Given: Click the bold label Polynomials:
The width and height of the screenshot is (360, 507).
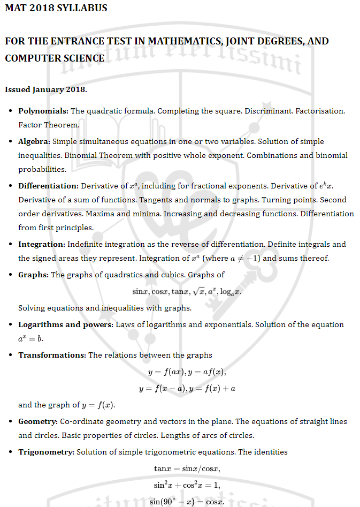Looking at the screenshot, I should pyautogui.click(x=43, y=111).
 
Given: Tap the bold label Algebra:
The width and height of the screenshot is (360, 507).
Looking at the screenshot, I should pyautogui.click(x=34, y=141).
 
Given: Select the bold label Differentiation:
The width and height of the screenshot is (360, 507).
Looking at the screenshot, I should pyautogui.click(x=48, y=186).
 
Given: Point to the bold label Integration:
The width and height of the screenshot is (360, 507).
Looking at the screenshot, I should pyautogui.click(x=42, y=244).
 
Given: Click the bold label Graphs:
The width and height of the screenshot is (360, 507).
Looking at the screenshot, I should pyautogui.click(x=33, y=275).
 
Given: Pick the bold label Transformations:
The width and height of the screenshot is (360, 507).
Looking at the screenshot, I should pyautogui.click(x=52, y=355).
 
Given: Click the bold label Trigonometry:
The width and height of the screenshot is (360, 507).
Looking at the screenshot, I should pyautogui.click(x=47, y=452).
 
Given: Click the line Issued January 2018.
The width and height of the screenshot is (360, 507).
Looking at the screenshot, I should pyautogui.click(x=46, y=89).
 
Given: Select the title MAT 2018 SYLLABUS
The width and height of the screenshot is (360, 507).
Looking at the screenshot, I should pyautogui.click(x=56, y=8).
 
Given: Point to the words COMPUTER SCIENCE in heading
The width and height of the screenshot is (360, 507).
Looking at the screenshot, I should pyautogui.click(x=55, y=58).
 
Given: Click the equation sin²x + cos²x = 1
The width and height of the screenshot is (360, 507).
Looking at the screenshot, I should pyautogui.click(x=187, y=485).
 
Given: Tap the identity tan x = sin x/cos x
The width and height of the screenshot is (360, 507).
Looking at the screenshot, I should pyautogui.click(x=187, y=468).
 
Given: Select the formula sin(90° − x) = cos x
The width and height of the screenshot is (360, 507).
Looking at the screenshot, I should pyautogui.click(x=187, y=502).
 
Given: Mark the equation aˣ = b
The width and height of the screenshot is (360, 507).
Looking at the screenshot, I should pyautogui.click(x=30, y=339).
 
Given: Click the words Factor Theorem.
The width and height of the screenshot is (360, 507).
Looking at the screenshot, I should pyautogui.click(x=48, y=125).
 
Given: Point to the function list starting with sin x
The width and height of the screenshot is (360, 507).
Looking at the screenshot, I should pyautogui.click(x=187, y=292).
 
